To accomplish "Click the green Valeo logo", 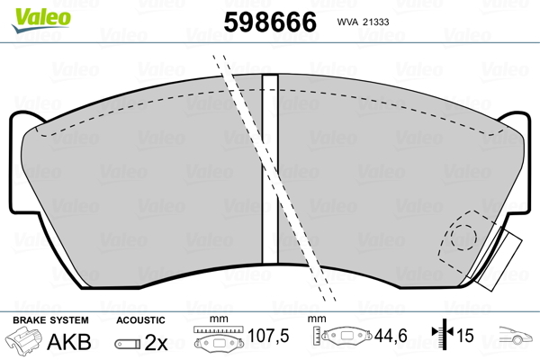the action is coord(41,20).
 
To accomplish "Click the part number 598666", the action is coord(270,22).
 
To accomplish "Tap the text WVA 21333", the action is coord(363,22).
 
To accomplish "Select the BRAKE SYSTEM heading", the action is coord(50,320).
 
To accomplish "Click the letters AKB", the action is coord(69,342).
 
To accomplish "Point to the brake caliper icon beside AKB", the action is coord(22,339).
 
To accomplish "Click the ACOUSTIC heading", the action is coord(140,320).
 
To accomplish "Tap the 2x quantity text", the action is coord(156,342).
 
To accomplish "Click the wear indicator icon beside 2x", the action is coord(128,344).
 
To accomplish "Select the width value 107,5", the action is coord(268,336).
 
